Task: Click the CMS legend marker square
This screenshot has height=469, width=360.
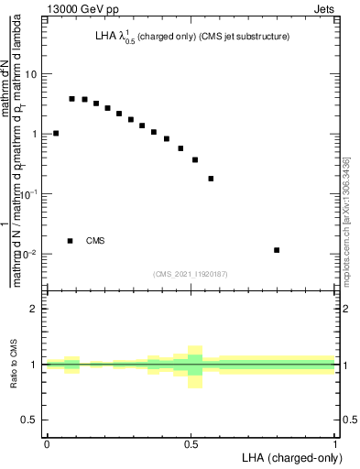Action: [x=71, y=241]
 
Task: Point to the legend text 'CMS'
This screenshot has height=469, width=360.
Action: [x=95, y=241]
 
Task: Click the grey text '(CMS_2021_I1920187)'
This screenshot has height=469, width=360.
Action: [x=191, y=273]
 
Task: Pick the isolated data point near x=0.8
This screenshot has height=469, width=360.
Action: [x=277, y=250]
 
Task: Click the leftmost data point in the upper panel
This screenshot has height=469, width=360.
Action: [x=56, y=133]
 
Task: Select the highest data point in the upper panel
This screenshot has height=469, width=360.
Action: [x=71, y=98]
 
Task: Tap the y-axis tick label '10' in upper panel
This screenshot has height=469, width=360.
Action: [x=32, y=74]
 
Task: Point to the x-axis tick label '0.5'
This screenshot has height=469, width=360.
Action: [x=191, y=443]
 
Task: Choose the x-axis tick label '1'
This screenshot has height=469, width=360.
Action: [x=336, y=443]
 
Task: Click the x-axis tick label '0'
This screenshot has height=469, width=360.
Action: [x=47, y=443]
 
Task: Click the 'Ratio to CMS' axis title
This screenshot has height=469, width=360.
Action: [x=14, y=365]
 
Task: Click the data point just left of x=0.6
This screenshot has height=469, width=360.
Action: [x=211, y=179]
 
